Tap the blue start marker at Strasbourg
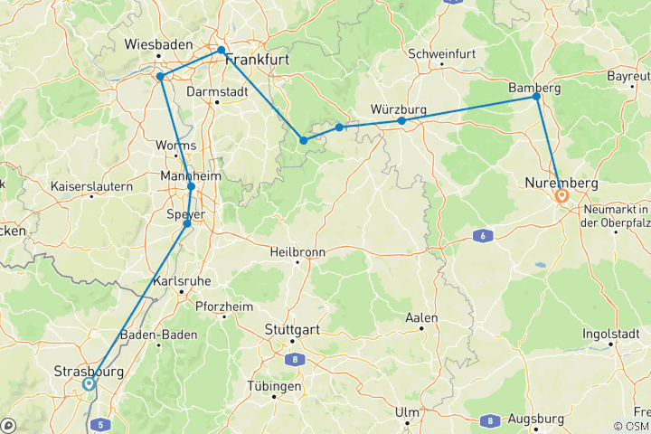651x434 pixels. (89, 383)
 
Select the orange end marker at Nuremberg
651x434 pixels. (561, 194)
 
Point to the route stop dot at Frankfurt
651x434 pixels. (221, 50)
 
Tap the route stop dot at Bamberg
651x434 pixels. (538, 96)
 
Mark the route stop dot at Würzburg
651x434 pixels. (401, 120)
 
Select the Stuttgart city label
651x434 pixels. (292, 330)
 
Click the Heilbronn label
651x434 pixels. (297, 251)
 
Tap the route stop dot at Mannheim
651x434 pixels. (191, 186)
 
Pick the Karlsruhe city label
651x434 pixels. (183, 281)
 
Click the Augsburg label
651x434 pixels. (537, 420)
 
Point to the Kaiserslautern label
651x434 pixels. (90, 186)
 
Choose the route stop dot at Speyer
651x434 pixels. (187, 223)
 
